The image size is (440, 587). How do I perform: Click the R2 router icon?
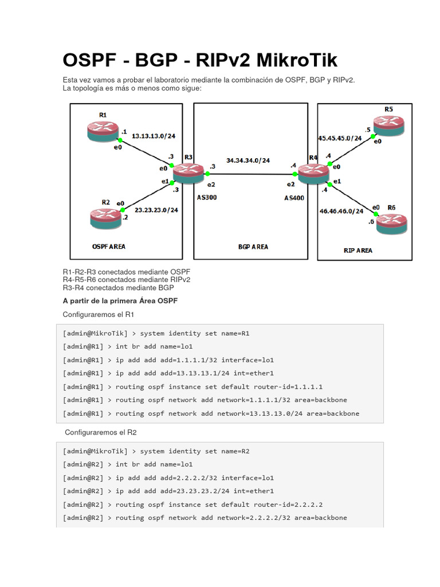106,216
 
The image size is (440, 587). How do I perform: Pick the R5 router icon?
390,125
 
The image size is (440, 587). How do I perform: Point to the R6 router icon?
392,222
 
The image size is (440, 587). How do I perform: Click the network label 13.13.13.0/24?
153,136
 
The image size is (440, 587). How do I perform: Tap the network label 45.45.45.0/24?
340,138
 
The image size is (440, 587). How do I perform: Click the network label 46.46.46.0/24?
341,211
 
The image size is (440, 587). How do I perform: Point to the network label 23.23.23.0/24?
156,210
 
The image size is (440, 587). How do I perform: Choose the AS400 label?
295,197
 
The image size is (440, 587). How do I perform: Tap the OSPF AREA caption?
109,246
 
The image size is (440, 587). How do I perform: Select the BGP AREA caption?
253,247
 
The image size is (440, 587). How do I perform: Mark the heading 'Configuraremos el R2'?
100,432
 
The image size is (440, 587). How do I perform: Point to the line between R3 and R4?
252,174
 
